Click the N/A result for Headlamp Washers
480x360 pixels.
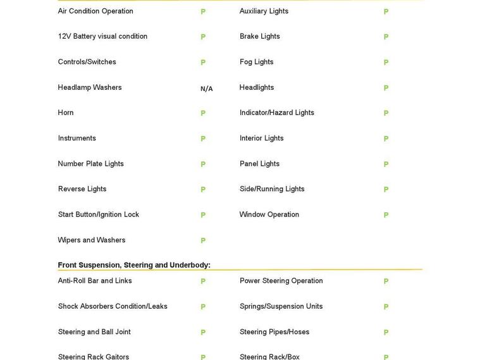tap(206, 89)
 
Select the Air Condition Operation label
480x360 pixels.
tap(95, 11)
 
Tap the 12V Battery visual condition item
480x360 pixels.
tap(102, 37)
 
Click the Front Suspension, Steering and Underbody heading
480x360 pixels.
tap(134, 265)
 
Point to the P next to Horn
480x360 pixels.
tap(203, 113)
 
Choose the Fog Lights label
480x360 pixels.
tap(256, 62)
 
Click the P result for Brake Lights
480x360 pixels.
tap(386, 37)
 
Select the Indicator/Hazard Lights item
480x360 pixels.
tap(276, 113)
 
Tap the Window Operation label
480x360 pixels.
tap(269, 214)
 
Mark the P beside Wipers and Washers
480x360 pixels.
tap(203, 240)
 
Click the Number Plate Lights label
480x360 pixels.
tap(90, 164)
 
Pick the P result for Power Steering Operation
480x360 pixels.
tap(386, 282)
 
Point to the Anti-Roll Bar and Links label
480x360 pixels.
tap(95, 281)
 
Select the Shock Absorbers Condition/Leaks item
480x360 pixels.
tap(113, 306)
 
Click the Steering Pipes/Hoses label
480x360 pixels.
tap(274, 332)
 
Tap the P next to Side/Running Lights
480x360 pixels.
tap(386, 189)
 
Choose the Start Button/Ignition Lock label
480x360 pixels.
tap(98, 214)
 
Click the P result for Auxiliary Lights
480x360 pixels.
tap(386, 12)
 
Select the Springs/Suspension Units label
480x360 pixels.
tap(281, 306)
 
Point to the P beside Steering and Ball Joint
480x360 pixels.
tap(203, 332)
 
